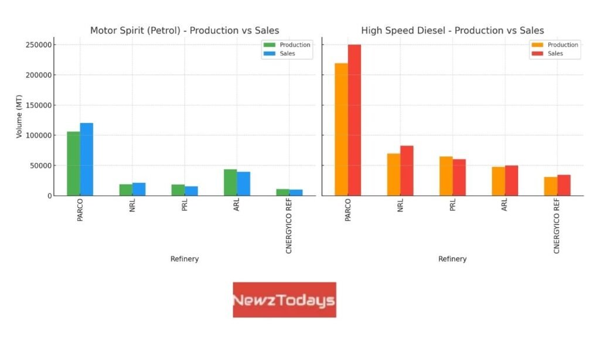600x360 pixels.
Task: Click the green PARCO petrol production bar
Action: click(73, 164)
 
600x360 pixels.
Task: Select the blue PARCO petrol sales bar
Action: click(87, 159)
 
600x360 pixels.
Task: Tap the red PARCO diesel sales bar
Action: click(354, 120)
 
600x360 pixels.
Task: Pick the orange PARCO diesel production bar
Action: click(342, 130)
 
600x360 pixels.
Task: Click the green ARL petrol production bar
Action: click(230, 182)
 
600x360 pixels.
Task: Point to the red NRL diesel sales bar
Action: click(407, 171)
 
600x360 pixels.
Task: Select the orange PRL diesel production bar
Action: click(446, 176)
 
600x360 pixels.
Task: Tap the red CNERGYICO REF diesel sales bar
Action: click(564, 185)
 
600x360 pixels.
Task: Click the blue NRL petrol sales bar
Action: click(139, 189)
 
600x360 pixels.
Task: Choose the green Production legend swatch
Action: click(270, 45)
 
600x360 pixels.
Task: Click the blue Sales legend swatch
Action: click(270, 53)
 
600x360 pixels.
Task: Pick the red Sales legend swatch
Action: click(537, 53)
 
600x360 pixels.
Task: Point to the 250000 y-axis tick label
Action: click(39, 45)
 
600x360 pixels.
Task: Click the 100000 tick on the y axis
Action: click(39, 135)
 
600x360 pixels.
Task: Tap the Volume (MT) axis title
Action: click(19, 117)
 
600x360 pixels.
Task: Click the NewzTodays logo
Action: click(285, 300)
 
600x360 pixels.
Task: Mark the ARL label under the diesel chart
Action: click(504, 205)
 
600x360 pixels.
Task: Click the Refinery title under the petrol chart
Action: click(185, 259)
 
